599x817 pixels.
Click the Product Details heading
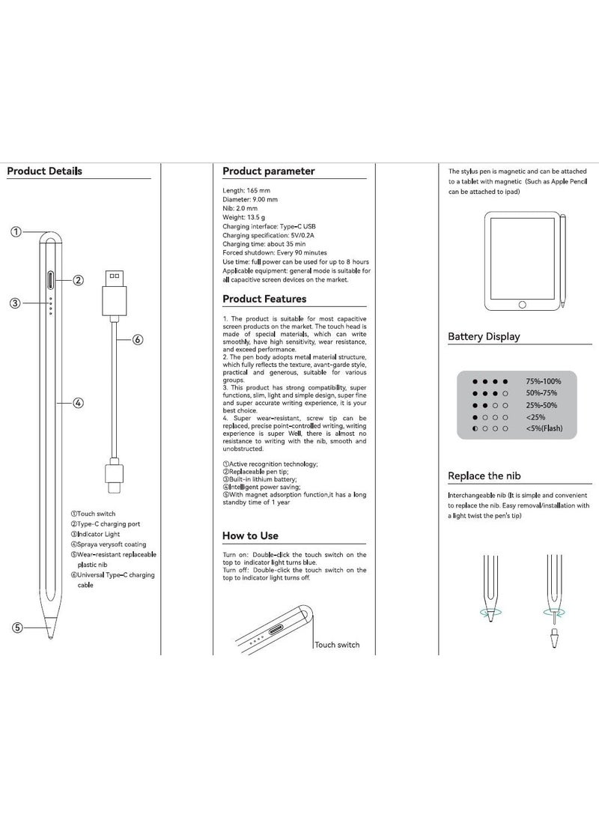[44, 171]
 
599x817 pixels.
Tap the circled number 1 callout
[16, 231]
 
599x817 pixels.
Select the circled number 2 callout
[78, 280]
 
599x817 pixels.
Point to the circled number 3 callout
[14, 303]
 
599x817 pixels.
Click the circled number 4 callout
[79, 403]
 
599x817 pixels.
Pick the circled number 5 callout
[16, 628]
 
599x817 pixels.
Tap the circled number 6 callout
[138, 339]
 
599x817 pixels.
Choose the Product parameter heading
[269, 171]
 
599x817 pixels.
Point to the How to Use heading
[250, 535]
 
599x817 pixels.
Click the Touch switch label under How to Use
[337, 644]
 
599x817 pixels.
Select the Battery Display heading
[484, 336]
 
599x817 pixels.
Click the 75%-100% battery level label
[543, 381]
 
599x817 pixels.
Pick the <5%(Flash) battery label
[544, 428]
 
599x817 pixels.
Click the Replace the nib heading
[484, 476]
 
